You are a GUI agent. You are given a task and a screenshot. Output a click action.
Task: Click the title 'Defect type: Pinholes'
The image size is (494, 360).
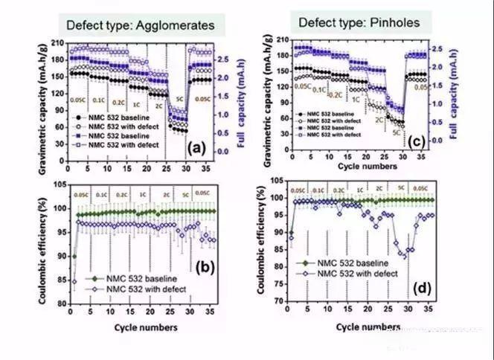[x=359, y=22]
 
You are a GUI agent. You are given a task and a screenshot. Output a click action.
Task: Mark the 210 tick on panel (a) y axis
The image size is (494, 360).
[x=58, y=42]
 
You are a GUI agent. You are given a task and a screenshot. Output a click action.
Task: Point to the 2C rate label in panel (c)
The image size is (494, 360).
[x=380, y=119]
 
